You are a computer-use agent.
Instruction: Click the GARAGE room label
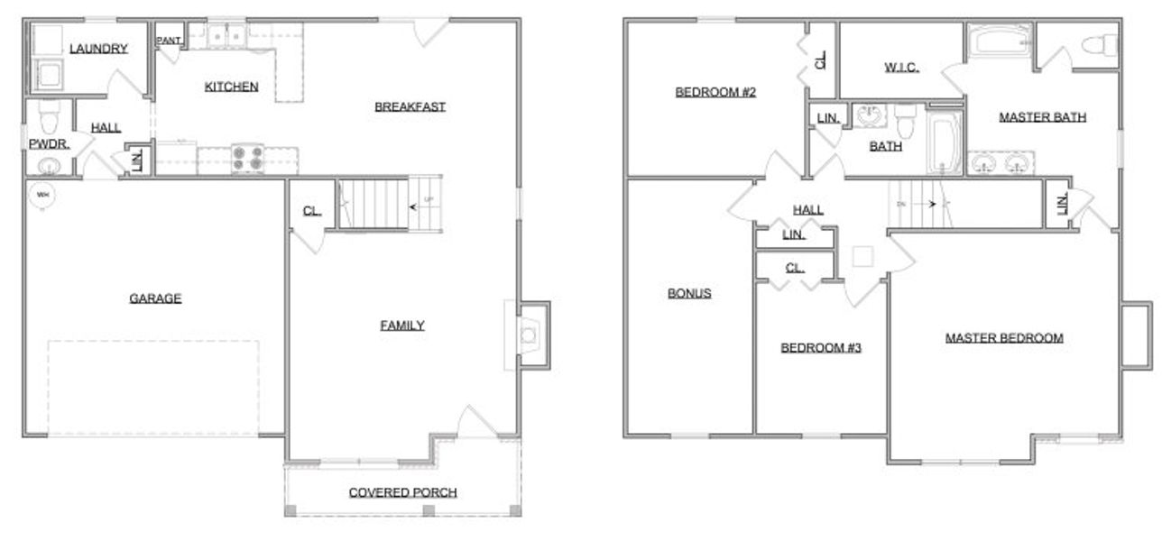pyautogui.click(x=154, y=298)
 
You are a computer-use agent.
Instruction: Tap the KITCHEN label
pyautogui.click(x=232, y=87)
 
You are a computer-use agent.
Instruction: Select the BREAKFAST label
pyautogui.click(x=410, y=106)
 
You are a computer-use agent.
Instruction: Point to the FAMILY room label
pyautogui.click(x=401, y=326)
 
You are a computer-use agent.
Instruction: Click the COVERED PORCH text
pyautogui.click(x=402, y=492)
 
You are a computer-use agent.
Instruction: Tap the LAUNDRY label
pyautogui.click(x=98, y=49)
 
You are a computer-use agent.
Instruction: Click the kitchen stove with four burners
pyautogui.click(x=246, y=160)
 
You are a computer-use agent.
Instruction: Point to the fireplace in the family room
pyautogui.click(x=529, y=335)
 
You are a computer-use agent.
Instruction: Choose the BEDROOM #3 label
pyautogui.click(x=821, y=347)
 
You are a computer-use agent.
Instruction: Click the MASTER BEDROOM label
pyautogui.click(x=1003, y=338)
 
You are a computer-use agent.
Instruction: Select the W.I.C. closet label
pyautogui.click(x=901, y=68)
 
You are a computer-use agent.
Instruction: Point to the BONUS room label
pyautogui.click(x=689, y=293)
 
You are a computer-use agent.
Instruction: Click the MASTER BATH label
pyautogui.click(x=1042, y=116)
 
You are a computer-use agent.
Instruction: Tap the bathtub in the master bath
pyautogui.click(x=999, y=41)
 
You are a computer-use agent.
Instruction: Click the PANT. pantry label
pyautogui.click(x=169, y=41)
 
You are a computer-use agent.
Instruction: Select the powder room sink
pyautogui.click(x=49, y=166)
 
